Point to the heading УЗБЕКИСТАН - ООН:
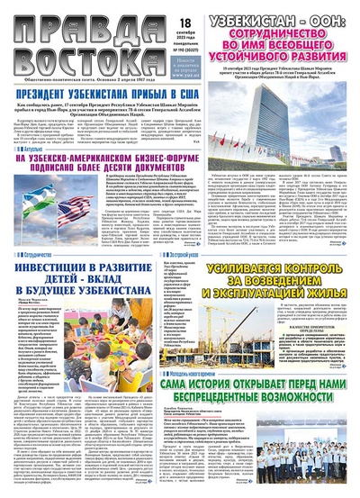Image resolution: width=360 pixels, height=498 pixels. pos(281,16)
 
